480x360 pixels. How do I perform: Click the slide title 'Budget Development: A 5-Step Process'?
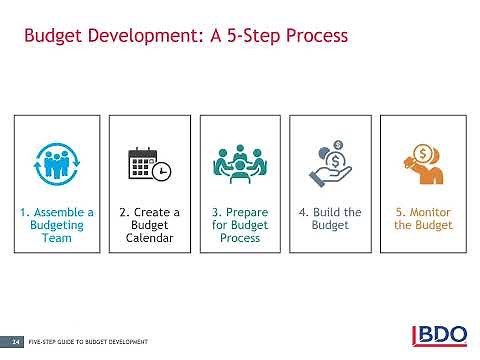tap(185, 37)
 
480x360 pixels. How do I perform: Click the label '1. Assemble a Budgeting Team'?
tap(56, 225)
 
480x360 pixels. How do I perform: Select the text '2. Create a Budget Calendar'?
tap(149, 225)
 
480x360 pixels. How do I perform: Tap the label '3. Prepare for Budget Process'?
tap(239, 225)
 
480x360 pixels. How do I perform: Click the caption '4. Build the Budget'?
tap(331, 219)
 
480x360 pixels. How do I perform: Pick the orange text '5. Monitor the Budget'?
tap(422, 219)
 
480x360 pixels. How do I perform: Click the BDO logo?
tap(442, 336)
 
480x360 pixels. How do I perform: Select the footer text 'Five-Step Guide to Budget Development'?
tap(89, 342)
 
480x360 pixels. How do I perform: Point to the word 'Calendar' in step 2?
tap(149, 238)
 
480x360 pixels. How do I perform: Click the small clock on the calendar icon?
tap(162, 171)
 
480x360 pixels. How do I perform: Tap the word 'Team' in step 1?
tap(56, 238)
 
